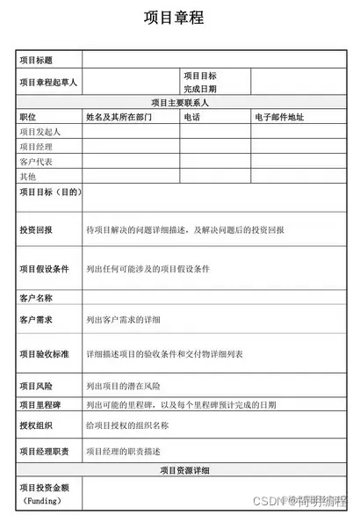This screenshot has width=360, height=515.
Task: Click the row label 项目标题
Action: (36, 61)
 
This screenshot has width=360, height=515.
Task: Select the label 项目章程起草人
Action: (49, 82)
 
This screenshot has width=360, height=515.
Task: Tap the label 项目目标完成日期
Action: (200, 82)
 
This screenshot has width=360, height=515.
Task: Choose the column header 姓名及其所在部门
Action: (119, 116)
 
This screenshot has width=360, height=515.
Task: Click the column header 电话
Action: (192, 116)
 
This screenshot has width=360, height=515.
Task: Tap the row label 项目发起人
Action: (36, 131)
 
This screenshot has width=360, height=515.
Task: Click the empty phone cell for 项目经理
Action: (216, 146)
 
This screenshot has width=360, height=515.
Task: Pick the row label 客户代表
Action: (36, 162)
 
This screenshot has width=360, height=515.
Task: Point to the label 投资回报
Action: (36, 229)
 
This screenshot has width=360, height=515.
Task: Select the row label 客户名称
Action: (36, 298)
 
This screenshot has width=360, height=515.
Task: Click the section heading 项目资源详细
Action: (184, 471)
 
